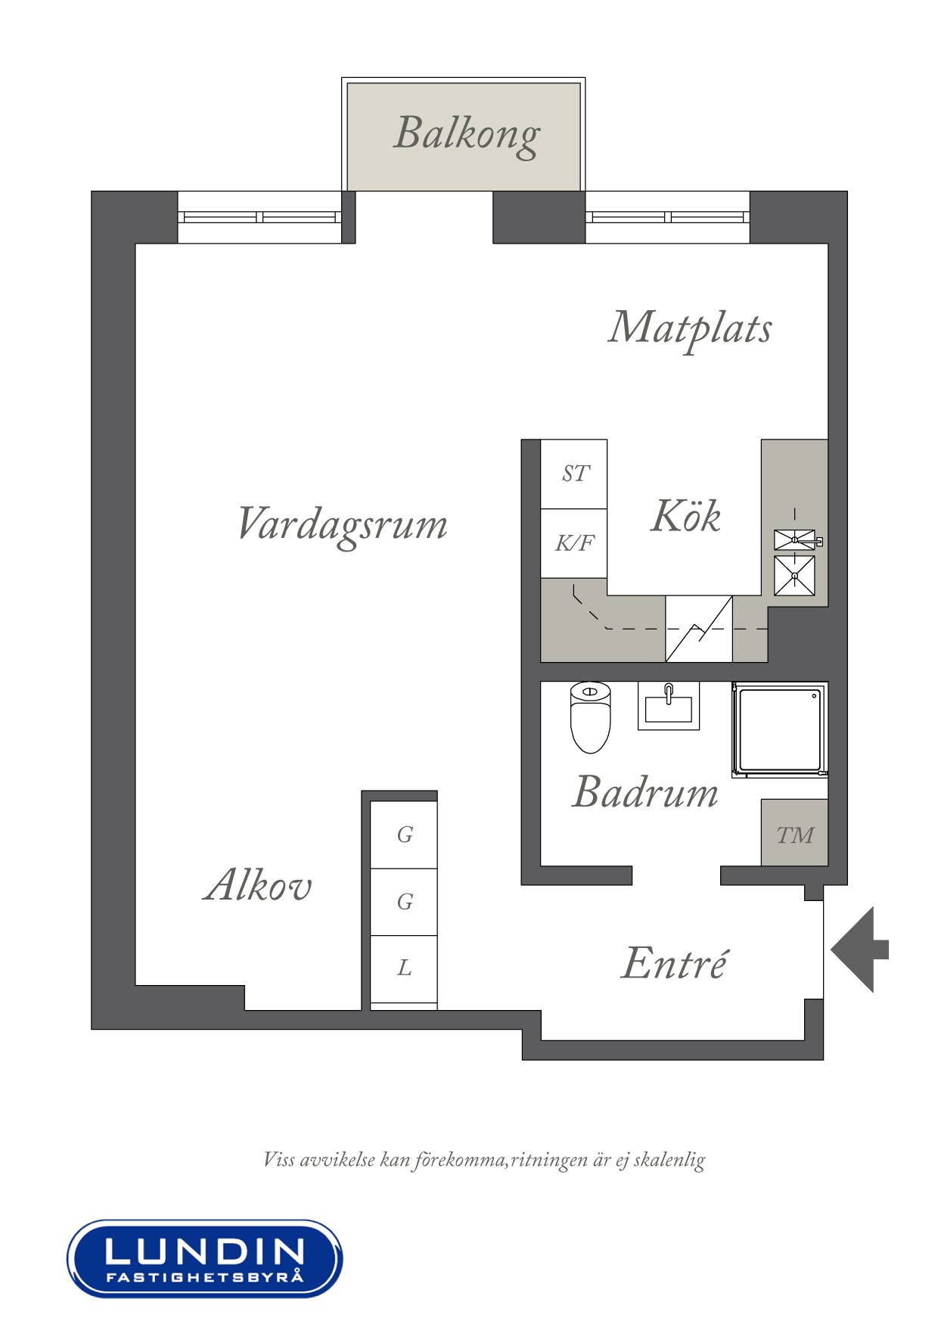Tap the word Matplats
(690, 329)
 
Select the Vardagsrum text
(342, 525)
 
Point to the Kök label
(685, 516)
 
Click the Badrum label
(645, 792)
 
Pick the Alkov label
(258, 884)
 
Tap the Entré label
(674, 962)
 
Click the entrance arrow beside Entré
(859, 949)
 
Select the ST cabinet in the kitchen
(574, 474)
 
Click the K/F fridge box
(574, 543)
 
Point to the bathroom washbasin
(669, 706)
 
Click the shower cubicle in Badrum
(779, 730)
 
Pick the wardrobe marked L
(404, 969)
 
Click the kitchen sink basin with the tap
(795, 540)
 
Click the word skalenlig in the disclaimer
(669, 1160)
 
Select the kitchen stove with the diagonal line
(698, 629)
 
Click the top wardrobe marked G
(404, 834)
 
